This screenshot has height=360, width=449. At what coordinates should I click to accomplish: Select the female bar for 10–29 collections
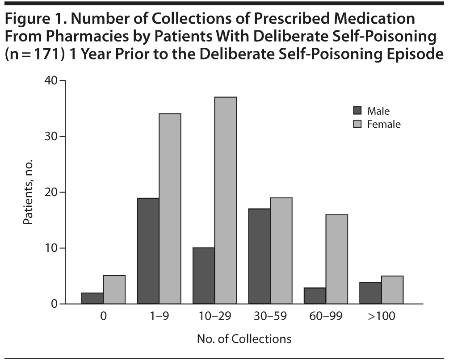pos(225,201)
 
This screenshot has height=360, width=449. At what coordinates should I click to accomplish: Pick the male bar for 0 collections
pos(92,298)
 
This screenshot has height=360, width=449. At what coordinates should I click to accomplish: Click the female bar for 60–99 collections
pos(336,259)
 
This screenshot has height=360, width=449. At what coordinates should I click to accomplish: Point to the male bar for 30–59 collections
pos(259,256)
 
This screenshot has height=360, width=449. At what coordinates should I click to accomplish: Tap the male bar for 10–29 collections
pos(203,276)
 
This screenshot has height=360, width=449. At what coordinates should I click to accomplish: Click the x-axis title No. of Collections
pos(244,339)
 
